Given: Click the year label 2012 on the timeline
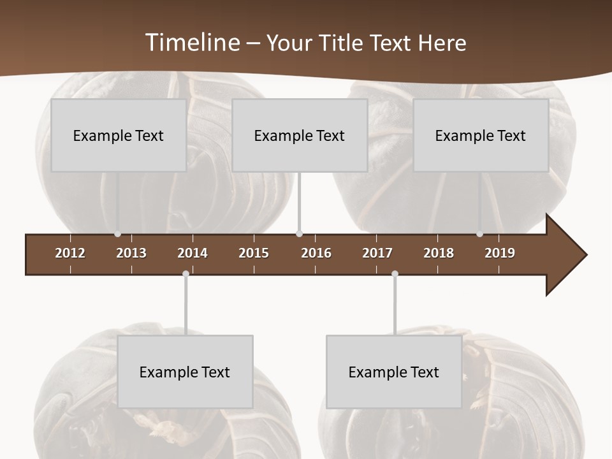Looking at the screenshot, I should coord(70,253).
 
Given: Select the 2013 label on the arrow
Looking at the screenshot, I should coord(131,253).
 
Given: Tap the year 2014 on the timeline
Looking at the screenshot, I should coord(193,253).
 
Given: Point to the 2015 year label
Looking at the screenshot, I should coord(254,253).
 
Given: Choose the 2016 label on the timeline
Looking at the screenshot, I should coord(316,253).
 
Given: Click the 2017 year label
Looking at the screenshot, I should coord(377,253).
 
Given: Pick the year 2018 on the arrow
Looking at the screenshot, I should coord(439,253).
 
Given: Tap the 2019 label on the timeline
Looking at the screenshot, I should coord(500,253).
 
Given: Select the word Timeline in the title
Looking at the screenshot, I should coord(192,43).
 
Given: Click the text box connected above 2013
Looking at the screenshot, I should coord(119,135).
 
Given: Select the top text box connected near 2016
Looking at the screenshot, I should coord(300,135).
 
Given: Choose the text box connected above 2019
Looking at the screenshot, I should coord(481,135).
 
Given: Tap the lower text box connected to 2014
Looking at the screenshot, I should coord(185,372).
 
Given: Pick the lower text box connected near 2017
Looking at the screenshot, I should coord(394,372).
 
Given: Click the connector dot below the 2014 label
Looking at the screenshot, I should coord(186,274).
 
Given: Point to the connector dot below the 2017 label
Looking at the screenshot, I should coord(395,274).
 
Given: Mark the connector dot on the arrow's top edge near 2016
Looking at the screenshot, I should coord(300,234).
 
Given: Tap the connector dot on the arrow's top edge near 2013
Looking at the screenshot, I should coord(117,234).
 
